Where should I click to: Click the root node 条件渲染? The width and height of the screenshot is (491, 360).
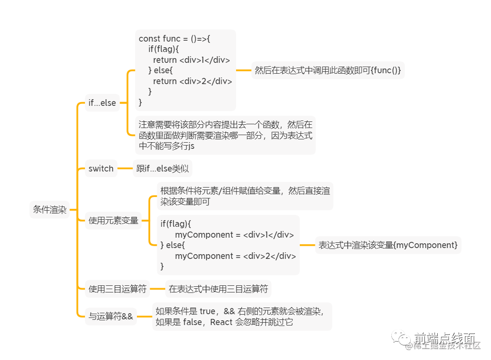click(50, 209)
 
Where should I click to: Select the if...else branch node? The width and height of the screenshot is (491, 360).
click(102, 103)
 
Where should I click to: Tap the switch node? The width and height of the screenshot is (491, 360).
click(101, 169)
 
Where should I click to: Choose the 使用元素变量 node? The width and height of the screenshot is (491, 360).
click(113, 221)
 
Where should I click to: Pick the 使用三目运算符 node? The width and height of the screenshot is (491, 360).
click(118, 289)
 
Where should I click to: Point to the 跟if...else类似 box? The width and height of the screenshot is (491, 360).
click(162, 169)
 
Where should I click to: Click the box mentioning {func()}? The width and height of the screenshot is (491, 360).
click(328, 70)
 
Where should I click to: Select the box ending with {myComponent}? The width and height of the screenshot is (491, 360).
click(388, 245)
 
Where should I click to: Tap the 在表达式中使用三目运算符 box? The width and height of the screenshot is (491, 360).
click(218, 289)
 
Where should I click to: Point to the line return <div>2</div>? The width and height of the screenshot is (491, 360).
click(193, 81)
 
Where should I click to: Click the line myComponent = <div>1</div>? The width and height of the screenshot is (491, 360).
click(234, 235)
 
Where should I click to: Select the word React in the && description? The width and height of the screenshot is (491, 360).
click(221, 322)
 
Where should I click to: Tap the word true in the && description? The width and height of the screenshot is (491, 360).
click(207, 311)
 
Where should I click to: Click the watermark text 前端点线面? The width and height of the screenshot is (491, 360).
click(444, 338)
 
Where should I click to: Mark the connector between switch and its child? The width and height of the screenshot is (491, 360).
click(125, 169)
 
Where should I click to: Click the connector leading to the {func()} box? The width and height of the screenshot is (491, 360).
click(243, 70)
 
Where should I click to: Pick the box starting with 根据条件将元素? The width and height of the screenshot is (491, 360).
click(245, 196)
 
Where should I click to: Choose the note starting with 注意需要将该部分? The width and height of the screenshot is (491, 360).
click(225, 136)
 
